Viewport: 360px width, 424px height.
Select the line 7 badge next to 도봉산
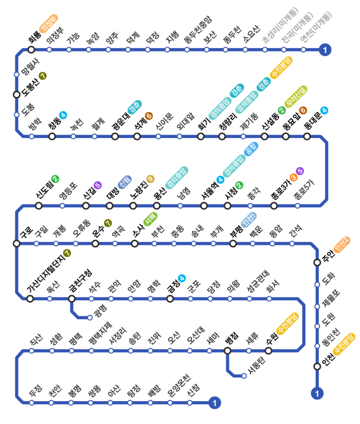tap(43, 75)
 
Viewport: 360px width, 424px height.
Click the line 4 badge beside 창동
tap(63, 114)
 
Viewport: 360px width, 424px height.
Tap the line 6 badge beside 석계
tap(149, 115)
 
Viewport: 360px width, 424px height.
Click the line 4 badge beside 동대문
tap(325, 110)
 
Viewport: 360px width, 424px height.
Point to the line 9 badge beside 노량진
tap(150, 178)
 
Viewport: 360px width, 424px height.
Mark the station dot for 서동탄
tap(244, 376)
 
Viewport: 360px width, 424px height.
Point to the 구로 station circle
tap(17, 243)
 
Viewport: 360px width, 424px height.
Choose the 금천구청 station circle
tap(72, 299)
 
